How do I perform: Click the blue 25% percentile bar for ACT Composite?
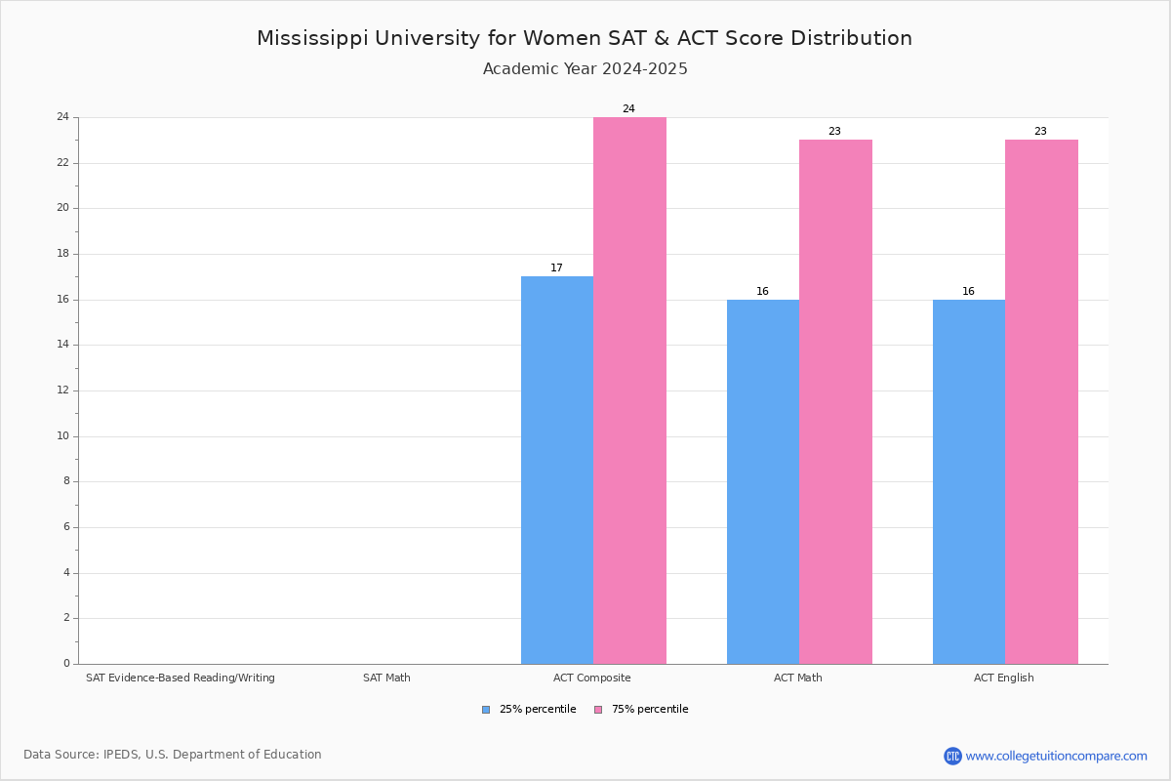pos(557,470)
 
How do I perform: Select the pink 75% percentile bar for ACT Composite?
pos(629,390)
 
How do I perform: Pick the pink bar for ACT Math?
pos(835,401)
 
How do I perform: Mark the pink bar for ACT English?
pos(1041,401)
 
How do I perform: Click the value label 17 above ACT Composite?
pos(556,268)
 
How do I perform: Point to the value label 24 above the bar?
pos(628,109)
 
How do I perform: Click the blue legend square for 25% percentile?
pos(486,710)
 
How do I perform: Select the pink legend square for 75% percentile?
pos(598,710)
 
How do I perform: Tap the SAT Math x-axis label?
pos(386,678)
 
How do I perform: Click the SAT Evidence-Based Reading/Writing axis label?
pos(181,678)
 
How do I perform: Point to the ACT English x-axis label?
pos(1003,678)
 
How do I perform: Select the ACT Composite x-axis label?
pos(591,678)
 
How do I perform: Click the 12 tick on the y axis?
pos(63,390)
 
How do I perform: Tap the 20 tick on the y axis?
pos(63,208)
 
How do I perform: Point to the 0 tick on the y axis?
pos(66,664)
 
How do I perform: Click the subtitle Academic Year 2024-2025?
pos(585,69)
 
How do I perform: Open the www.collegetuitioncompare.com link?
pos(1056,756)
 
